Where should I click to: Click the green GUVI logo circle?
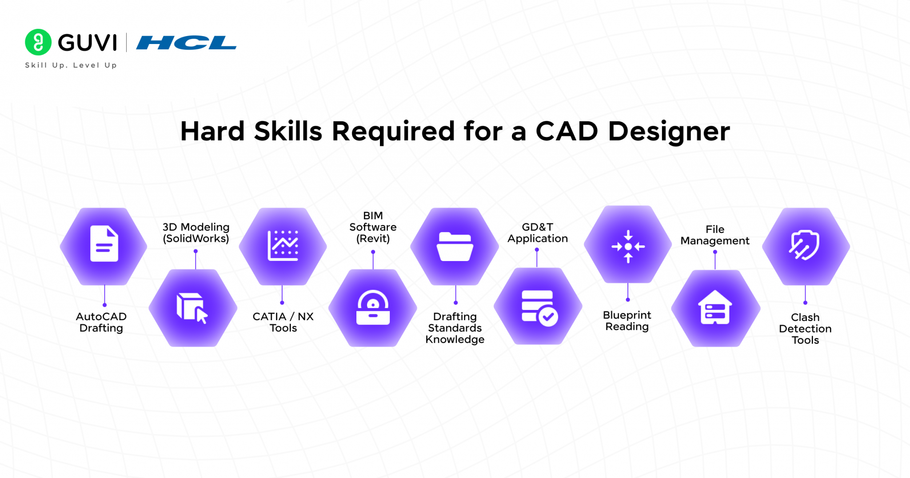(x=38, y=42)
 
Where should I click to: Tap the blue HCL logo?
(x=186, y=43)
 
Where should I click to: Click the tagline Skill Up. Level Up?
(x=71, y=65)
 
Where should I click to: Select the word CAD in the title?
(x=567, y=132)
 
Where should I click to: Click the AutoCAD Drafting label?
(x=101, y=322)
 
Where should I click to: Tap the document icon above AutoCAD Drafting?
(x=104, y=244)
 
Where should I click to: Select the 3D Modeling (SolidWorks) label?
(x=196, y=233)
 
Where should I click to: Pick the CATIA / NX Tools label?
(x=283, y=322)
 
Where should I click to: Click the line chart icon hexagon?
(x=283, y=245)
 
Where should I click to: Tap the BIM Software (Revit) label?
(x=373, y=227)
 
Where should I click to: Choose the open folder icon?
(x=455, y=246)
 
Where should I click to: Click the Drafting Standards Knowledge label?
(x=455, y=328)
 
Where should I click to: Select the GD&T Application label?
(x=538, y=233)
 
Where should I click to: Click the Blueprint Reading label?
(x=627, y=321)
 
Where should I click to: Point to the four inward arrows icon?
(x=628, y=246)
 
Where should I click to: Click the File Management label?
(x=715, y=235)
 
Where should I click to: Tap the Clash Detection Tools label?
(x=805, y=329)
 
